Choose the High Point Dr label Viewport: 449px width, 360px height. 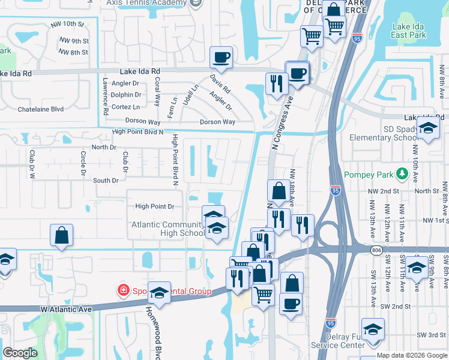154,206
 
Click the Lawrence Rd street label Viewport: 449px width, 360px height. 105,96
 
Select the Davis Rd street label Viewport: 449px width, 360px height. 220,84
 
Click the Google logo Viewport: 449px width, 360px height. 20,353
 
